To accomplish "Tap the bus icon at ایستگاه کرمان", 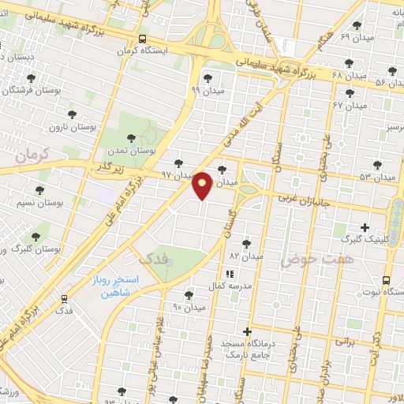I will click(x=142, y=38).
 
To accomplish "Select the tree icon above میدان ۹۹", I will click(x=208, y=78).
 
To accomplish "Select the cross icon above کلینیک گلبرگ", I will click(x=365, y=227).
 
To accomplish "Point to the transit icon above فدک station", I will click(x=64, y=298).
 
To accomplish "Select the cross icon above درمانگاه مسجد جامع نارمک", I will click(x=248, y=331).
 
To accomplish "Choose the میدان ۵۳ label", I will click(x=376, y=178).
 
